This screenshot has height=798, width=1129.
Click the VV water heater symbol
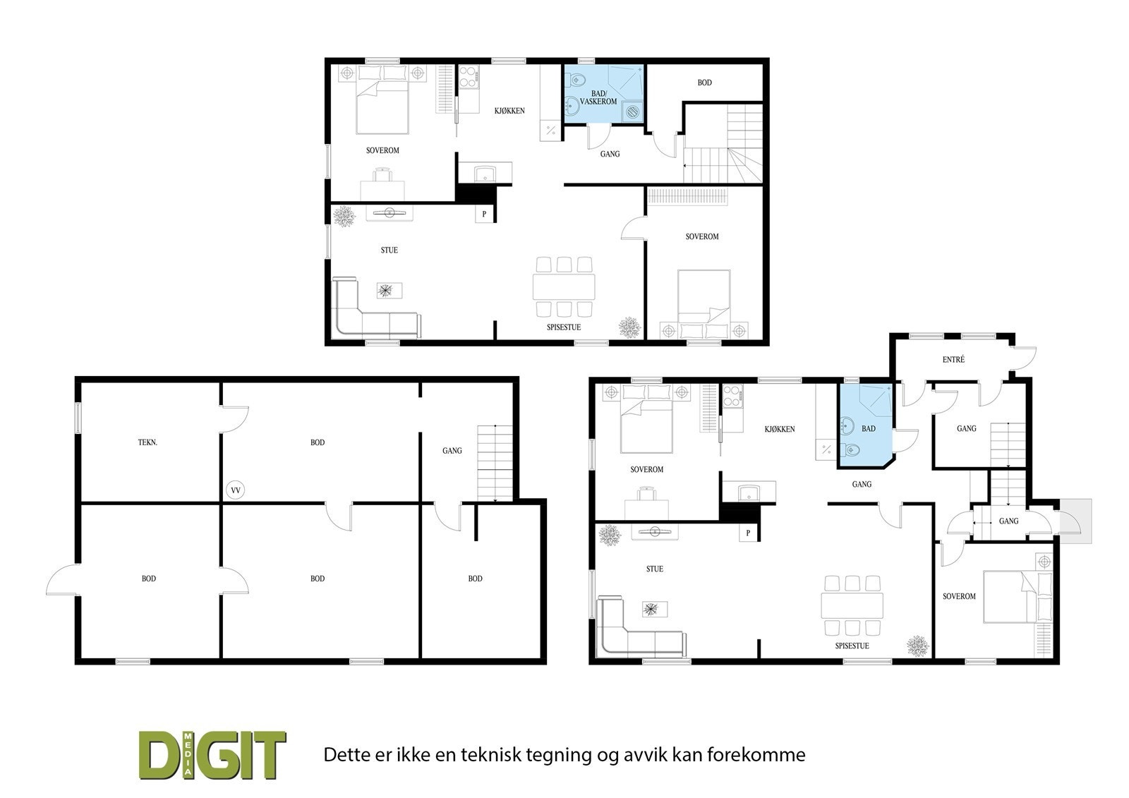(236, 489)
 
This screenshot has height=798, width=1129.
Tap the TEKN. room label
(147, 442)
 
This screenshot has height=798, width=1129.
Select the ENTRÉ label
(953, 359)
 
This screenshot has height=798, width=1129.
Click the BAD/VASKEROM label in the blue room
(598, 97)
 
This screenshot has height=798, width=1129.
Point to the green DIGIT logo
(212, 754)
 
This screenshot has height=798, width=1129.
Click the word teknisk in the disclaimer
(488, 754)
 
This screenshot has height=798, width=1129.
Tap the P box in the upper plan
(484, 214)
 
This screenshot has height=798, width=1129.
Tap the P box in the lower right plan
(748, 533)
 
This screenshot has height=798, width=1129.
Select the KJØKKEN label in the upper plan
(509, 111)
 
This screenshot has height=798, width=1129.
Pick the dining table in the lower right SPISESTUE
(852, 604)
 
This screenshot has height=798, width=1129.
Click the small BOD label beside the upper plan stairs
(704, 83)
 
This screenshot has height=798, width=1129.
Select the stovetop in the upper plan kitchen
(469, 77)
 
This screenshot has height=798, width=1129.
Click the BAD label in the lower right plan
(868, 428)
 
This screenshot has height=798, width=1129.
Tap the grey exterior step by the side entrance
(1076, 521)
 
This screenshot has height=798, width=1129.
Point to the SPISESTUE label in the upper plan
(564, 327)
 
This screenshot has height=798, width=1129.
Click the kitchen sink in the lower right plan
(747, 492)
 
